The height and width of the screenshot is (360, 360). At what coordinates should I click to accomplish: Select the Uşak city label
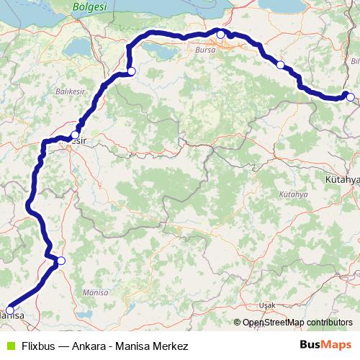(x=267, y=305)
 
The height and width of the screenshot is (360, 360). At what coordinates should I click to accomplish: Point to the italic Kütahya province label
(x=291, y=195)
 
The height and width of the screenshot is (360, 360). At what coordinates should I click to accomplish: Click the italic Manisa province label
(x=95, y=293)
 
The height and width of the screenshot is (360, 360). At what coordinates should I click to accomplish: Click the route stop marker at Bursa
(x=221, y=34)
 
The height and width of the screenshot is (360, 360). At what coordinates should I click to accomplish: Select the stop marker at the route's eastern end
(x=348, y=96)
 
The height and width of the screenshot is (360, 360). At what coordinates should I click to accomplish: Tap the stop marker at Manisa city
(x=9, y=310)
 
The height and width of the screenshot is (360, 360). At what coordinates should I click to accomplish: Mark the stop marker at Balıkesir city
(x=75, y=135)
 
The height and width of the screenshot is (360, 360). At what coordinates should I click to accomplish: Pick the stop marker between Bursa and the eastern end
(x=280, y=65)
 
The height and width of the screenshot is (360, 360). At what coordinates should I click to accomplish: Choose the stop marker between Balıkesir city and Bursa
(x=131, y=71)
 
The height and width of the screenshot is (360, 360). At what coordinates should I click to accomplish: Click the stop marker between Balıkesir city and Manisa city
(x=61, y=261)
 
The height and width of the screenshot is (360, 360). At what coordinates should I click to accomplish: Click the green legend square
(x=9, y=346)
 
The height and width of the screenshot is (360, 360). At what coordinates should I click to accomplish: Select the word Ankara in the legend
(x=94, y=346)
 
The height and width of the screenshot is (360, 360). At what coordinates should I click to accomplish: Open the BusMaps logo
(x=325, y=346)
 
